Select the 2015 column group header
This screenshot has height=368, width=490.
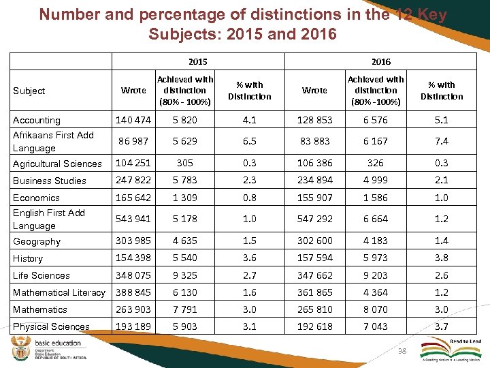coord(198,61)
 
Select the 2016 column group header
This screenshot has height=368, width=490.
coord(381,61)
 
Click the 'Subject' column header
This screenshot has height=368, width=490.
coord(29,91)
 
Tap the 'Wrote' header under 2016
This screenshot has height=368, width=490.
coord(314,90)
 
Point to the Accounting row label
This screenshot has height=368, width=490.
coord(37,120)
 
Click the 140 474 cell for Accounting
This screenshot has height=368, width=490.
coord(133,120)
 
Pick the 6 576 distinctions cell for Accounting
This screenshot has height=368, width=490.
coord(375,120)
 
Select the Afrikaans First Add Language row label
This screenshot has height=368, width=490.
coord(53,142)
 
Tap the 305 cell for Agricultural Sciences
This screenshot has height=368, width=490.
coord(185,163)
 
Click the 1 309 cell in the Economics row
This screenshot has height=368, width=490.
coord(185,198)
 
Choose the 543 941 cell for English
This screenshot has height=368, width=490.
coord(133,219)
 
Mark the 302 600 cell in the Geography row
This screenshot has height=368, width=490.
coord(315,241)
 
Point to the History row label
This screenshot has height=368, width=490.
coord(28,258)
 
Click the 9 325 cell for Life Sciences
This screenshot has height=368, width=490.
coord(185,275)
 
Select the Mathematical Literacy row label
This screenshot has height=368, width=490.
coord(59,292)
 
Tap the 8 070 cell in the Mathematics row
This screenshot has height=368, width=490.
coord(375,309)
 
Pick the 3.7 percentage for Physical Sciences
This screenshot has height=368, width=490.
coord(442,326)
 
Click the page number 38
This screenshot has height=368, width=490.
coord(402,350)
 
